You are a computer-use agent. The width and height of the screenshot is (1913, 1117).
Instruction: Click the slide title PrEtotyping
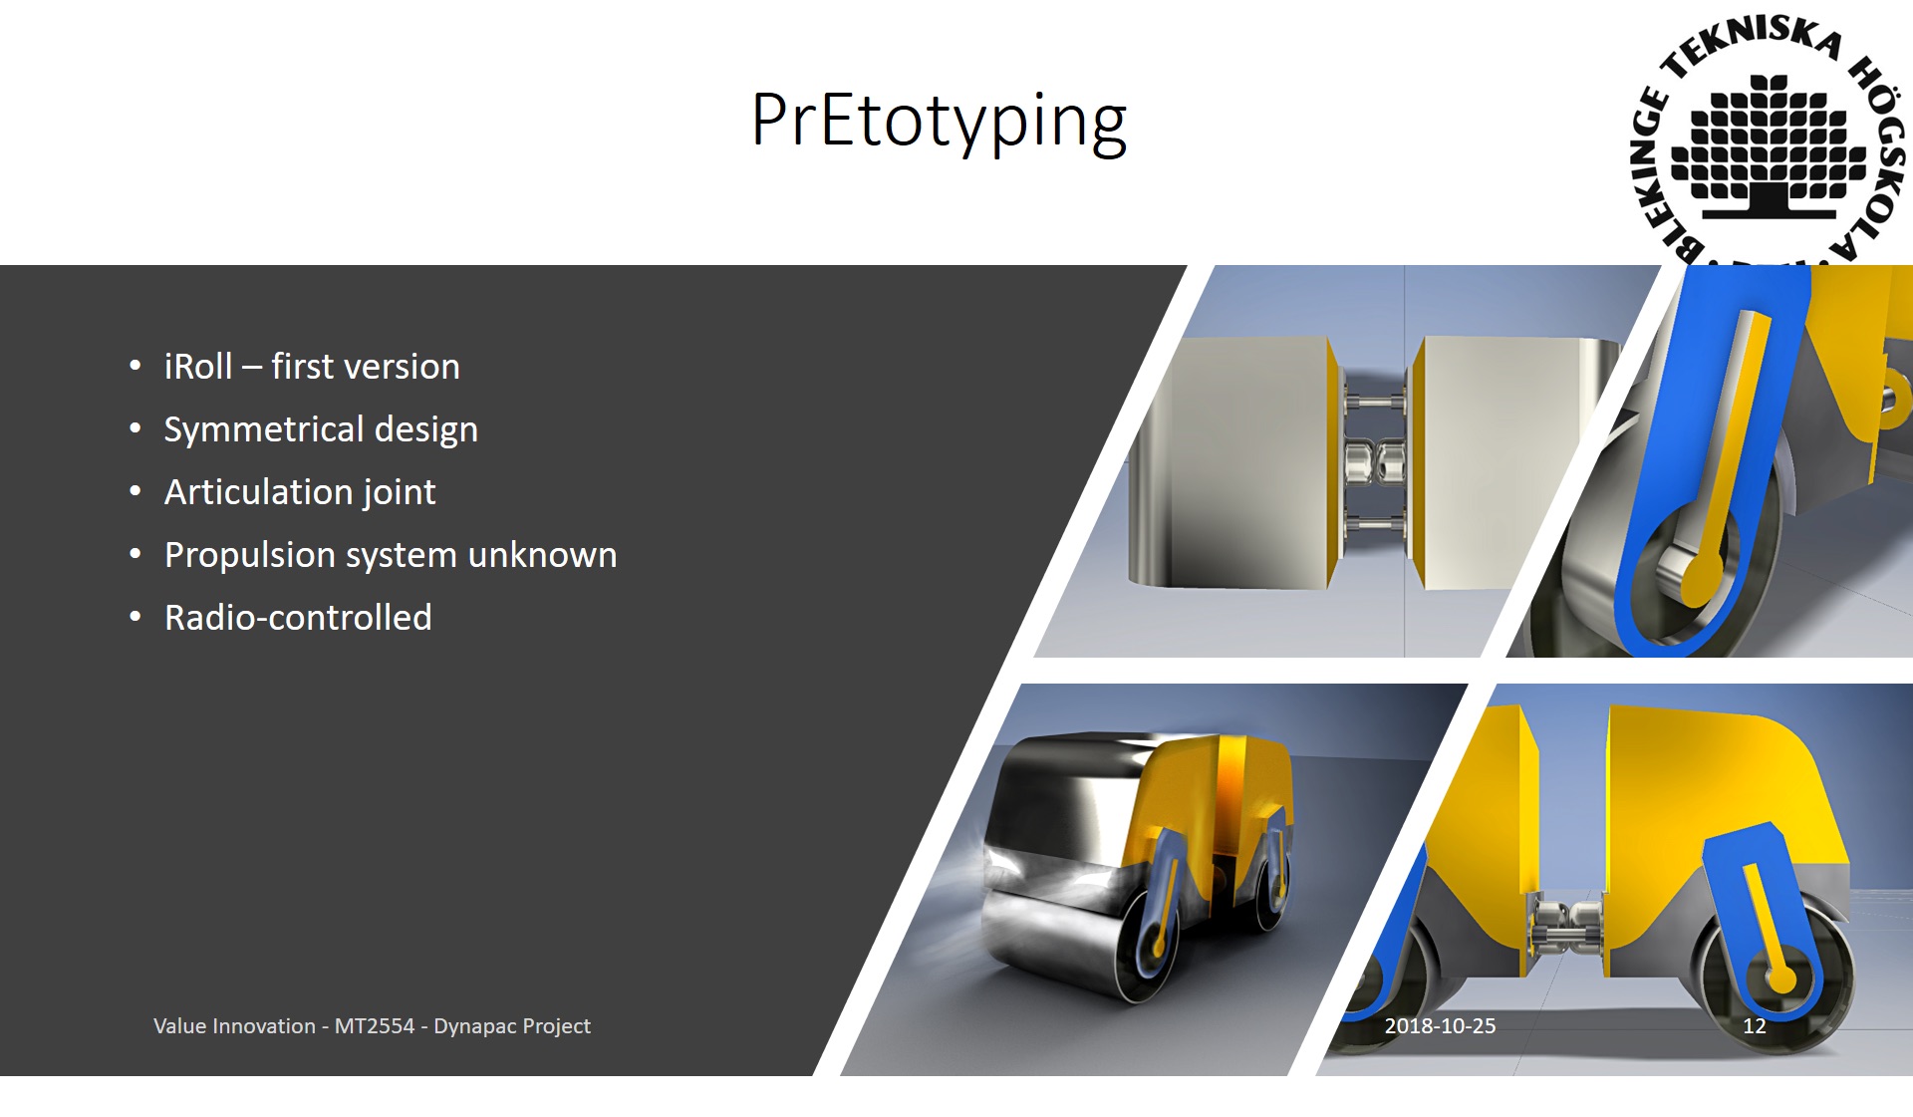pyautogui.click(x=939, y=122)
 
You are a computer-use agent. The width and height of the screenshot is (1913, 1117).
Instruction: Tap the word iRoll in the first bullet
pyautogui.click(x=198, y=367)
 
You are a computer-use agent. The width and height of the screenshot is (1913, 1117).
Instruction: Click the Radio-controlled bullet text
pyautogui.click(x=298, y=618)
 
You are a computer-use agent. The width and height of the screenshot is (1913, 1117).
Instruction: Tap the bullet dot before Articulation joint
pyautogui.click(x=136, y=491)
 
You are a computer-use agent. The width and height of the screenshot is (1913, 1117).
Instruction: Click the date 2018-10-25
pyautogui.click(x=1440, y=1026)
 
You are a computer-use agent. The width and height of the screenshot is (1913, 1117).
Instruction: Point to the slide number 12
pyautogui.click(x=1754, y=1026)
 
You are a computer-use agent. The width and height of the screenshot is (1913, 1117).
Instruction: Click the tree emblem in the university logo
pyautogui.click(x=1769, y=145)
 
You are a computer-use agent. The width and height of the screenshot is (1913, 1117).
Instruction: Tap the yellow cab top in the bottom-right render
pyautogui.click(x=1724, y=777)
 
